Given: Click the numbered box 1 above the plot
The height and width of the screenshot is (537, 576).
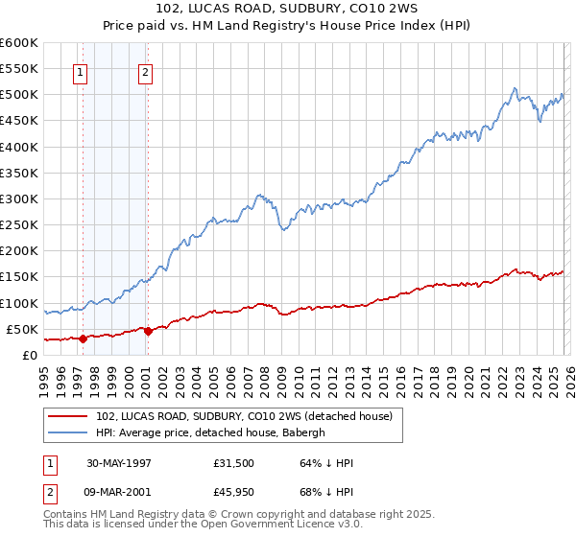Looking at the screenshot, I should [80, 71].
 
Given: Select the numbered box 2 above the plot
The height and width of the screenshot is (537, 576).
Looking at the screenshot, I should [145, 71].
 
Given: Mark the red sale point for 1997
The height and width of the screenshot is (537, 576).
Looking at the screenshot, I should [84, 339].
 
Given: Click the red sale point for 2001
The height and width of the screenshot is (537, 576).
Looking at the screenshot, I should [147, 331].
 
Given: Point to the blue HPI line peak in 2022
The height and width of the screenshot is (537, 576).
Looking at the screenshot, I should [515, 89].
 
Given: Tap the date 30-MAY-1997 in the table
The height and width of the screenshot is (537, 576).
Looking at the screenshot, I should [119, 463].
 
